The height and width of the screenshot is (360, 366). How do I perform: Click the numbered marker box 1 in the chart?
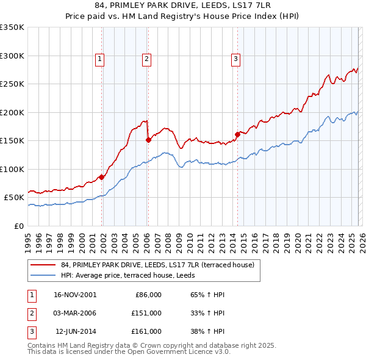99,59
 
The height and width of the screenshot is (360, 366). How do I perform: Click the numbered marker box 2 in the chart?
147,59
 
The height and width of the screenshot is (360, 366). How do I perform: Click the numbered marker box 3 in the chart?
235,59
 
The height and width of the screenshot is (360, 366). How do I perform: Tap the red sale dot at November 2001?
102,177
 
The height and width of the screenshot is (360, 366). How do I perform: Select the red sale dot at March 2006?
148,140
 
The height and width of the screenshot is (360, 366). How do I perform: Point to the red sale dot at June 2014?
237,134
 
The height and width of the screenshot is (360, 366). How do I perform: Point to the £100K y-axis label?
12,169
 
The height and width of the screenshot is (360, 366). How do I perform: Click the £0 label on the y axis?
18,226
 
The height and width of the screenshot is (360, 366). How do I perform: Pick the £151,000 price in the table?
147,313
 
